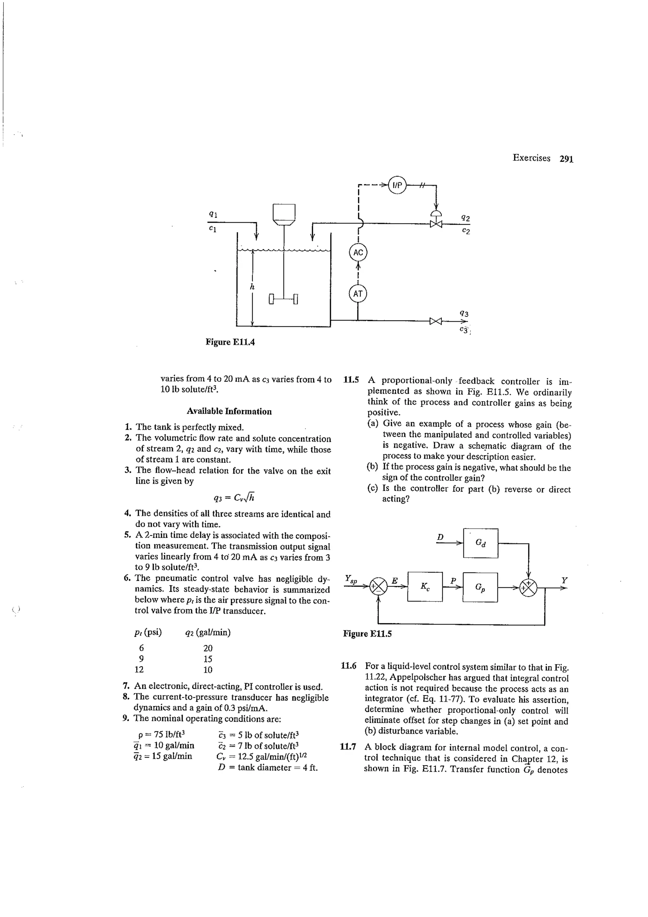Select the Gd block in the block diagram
pos(480,543)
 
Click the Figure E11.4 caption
pos(230,342)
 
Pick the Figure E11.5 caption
pos(367,633)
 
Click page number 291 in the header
pos(566,159)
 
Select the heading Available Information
pos(229,411)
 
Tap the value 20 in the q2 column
pos(208,648)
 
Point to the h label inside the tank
pos(252,286)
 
